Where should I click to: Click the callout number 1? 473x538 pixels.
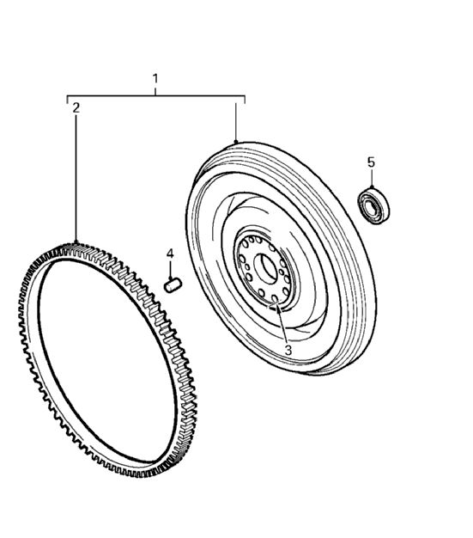[155, 78]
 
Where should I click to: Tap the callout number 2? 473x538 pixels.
[76, 107]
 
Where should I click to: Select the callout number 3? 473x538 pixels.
[288, 351]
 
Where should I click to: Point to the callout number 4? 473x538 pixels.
[170, 254]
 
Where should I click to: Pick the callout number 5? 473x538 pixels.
[371, 162]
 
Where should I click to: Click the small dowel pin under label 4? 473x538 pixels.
[173, 285]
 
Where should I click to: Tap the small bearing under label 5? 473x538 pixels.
[374, 206]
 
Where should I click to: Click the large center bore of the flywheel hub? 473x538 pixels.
[266, 269]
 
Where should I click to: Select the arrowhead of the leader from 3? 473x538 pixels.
[278, 308]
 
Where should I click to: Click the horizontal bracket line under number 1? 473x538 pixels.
[155, 95]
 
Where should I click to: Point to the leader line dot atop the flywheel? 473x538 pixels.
[236, 142]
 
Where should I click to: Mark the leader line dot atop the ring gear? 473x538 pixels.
[76, 241]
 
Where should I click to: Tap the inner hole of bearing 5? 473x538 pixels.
[370, 207]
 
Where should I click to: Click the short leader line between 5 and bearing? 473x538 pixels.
[372, 178]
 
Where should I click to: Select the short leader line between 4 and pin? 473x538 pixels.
[170, 270]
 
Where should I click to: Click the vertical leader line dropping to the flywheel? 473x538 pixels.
[236, 122]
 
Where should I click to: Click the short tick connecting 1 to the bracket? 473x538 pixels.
[155, 90]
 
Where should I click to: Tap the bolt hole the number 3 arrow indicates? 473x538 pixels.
[274, 299]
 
